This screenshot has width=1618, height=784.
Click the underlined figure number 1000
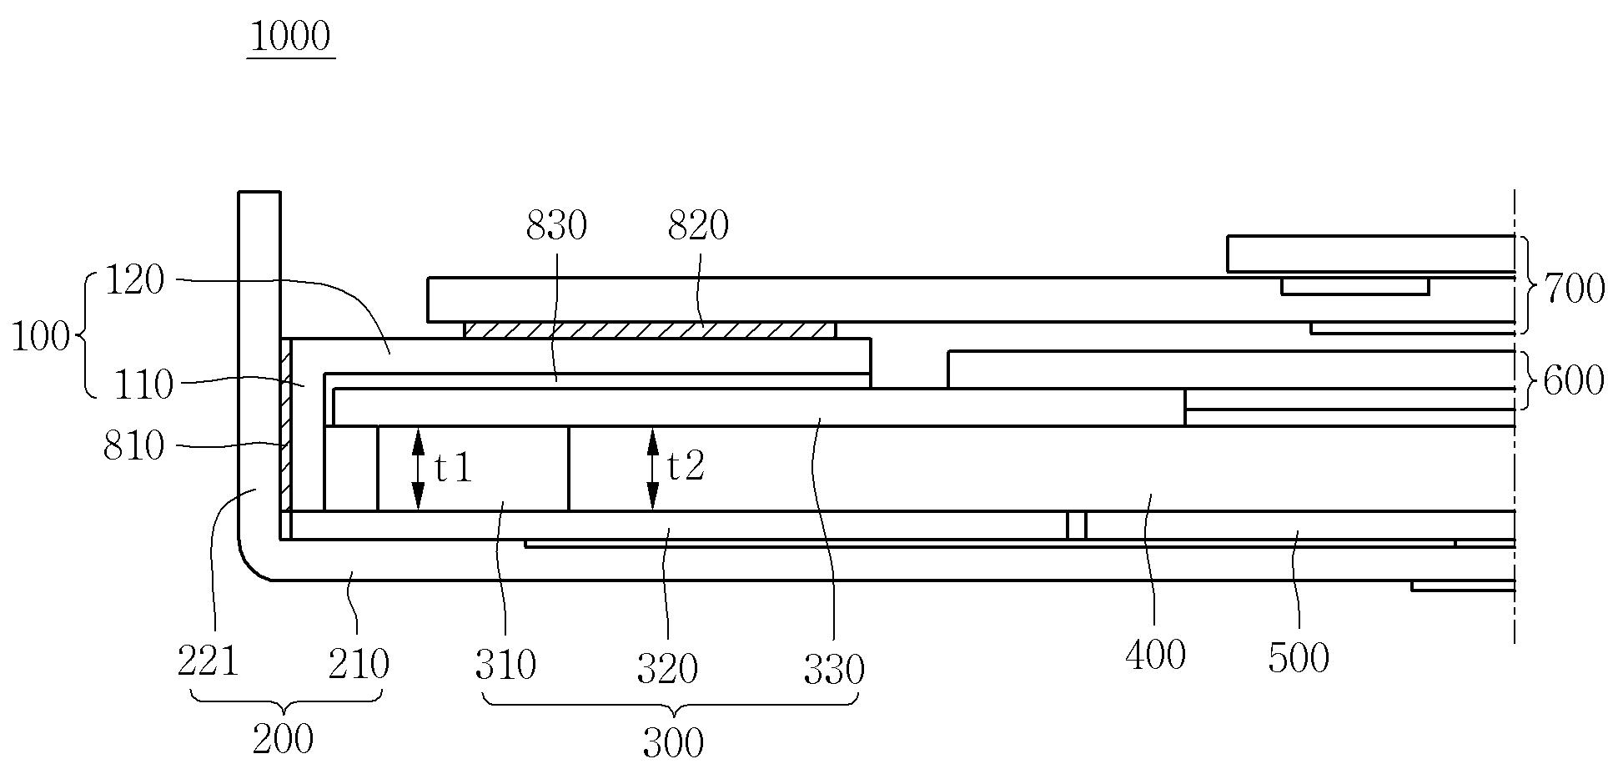pyautogui.click(x=290, y=38)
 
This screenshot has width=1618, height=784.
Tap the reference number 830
pyautogui.click(x=556, y=226)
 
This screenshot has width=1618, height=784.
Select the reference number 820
pyautogui.click(x=698, y=226)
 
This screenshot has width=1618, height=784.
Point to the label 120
pyautogui.click(x=135, y=281)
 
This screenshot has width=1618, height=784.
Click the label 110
pyautogui.click(x=144, y=385)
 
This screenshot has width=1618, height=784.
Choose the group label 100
pyautogui.click(x=40, y=338)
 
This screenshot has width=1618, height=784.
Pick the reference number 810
pyautogui.click(x=133, y=447)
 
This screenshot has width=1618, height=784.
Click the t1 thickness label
pyautogui.click(x=454, y=469)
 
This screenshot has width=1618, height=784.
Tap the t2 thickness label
pyautogui.click(x=686, y=467)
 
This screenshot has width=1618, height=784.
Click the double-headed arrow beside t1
pyautogui.click(x=419, y=469)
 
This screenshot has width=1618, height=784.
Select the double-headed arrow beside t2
pyautogui.click(x=653, y=469)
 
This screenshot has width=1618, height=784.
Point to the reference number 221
pyautogui.click(x=208, y=664)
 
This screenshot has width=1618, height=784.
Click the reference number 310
pyautogui.click(x=505, y=666)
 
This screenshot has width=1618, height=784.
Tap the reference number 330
pyautogui.click(x=834, y=669)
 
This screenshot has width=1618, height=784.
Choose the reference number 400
pyautogui.click(x=1155, y=656)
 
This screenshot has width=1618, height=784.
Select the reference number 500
pyautogui.click(x=1299, y=659)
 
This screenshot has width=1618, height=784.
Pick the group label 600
pyautogui.click(x=1574, y=381)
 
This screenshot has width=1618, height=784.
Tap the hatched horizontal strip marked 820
pyautogui.click(x=649, y=330)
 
